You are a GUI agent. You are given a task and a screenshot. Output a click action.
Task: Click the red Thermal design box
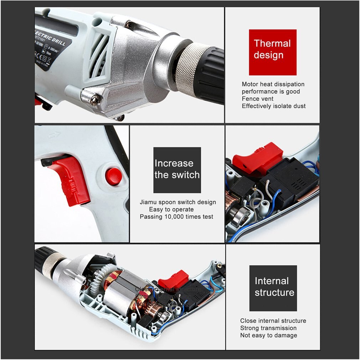272,52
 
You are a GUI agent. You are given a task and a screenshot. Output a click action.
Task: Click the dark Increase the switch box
177,170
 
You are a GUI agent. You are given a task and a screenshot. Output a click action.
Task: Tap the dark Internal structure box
273,288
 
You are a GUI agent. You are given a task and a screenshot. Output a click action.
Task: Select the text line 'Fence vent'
257,99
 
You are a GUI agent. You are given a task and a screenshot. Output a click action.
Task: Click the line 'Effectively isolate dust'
273,106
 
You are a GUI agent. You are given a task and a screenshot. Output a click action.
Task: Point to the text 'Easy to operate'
171,209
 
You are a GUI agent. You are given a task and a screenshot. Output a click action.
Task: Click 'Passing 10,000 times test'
176,216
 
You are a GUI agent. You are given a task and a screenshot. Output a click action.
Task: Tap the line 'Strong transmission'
268,328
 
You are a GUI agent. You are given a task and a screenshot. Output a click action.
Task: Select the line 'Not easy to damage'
268,335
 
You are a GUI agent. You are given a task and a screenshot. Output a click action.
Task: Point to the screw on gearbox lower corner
95,100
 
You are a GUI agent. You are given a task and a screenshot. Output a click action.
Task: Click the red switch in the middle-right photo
257,157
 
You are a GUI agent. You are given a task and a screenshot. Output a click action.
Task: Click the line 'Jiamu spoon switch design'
178,202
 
